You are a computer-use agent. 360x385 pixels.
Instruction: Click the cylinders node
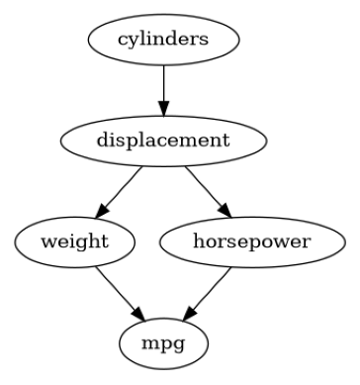(x=164, y=41)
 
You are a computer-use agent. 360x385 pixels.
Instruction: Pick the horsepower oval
(x=252, y=242)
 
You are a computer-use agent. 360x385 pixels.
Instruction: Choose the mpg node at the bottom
(x=164, y=343)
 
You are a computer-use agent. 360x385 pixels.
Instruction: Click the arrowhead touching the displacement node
(x=164, y=107)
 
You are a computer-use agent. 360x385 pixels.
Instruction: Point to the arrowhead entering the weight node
(x=102, y=212)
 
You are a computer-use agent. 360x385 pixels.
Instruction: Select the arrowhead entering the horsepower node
(x=225, y=210)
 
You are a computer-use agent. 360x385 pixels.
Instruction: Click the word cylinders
(x=164, y=41)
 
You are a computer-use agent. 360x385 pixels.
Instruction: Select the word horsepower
(x=252, y=242)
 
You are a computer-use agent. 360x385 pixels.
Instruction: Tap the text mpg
(x=164, y=343)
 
